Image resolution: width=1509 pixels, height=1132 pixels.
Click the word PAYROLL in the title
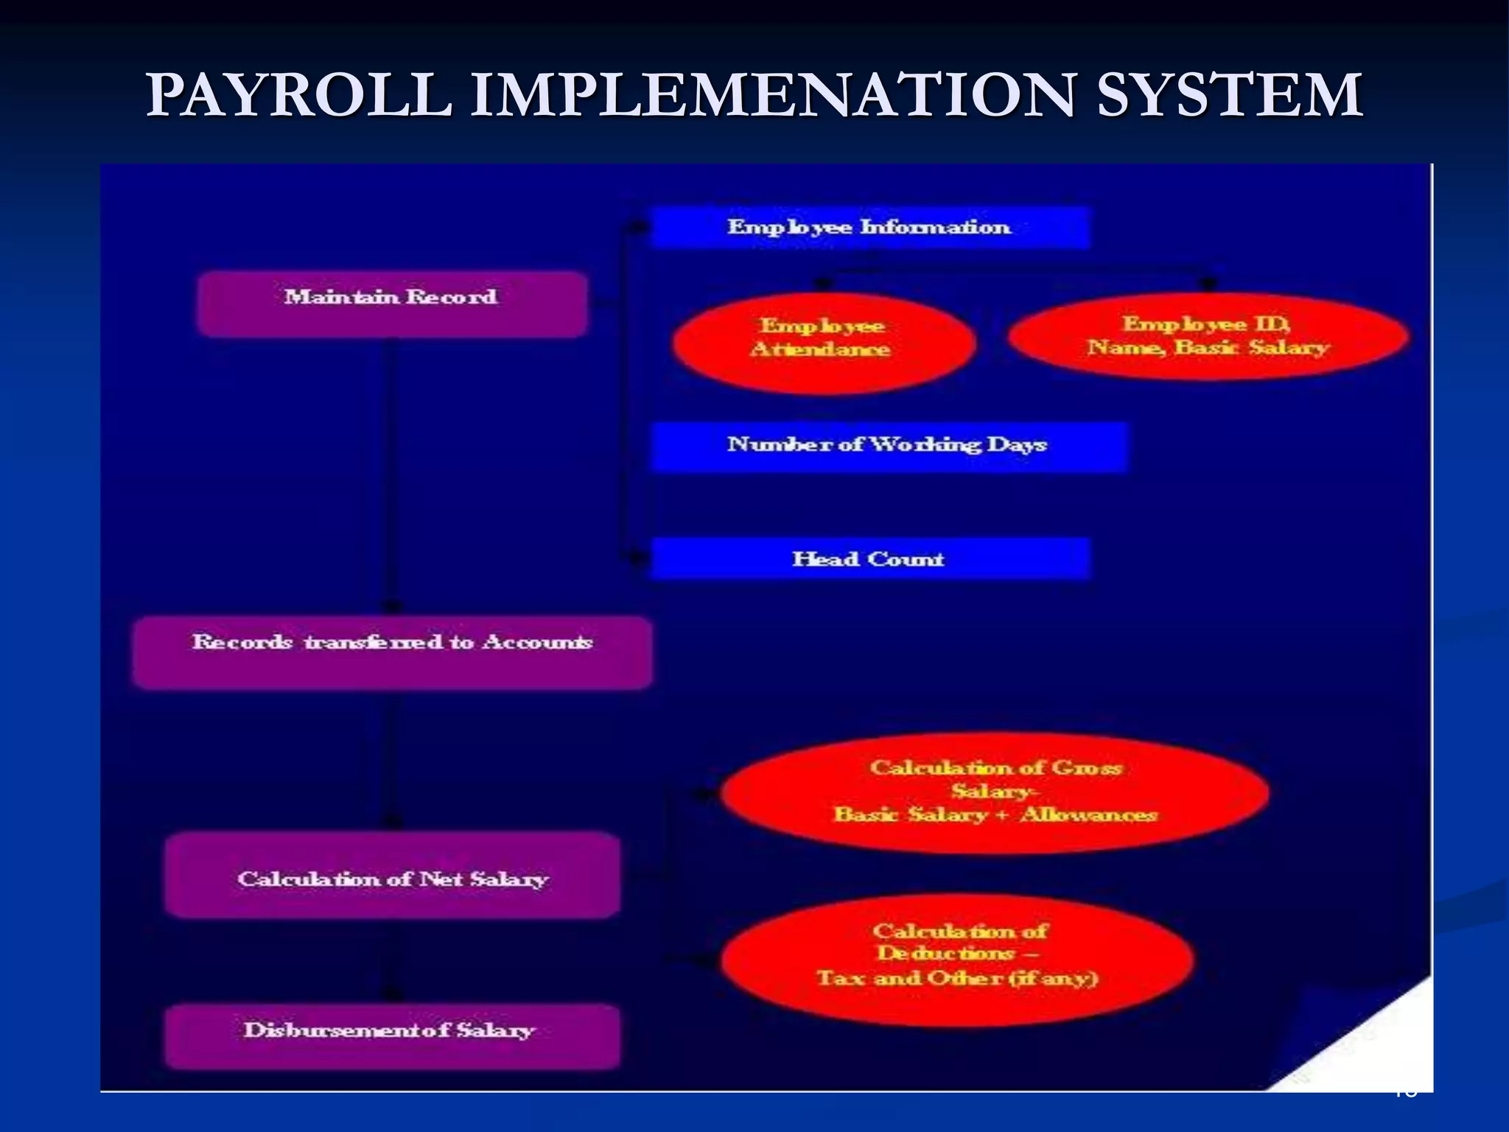tap(298, 96)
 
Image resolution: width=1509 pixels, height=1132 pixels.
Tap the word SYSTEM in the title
tap(1229, 96)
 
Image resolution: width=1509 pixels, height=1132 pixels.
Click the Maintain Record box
tap(391, 304)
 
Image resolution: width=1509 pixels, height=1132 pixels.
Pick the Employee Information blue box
tap(869, 227)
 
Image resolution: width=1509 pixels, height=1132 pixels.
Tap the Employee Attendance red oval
tap(823, 342)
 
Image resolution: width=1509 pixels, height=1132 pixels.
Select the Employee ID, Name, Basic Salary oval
tap(1208, 336)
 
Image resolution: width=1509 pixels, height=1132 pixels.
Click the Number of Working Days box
tap(888, 446)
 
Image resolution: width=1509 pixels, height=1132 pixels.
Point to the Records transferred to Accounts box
tap(391, 651)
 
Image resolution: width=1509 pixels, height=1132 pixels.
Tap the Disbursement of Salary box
tap(391, 1035)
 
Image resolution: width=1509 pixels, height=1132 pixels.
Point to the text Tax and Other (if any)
tap(958, 979)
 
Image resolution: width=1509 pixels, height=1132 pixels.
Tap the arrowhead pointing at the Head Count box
tap(635, 559)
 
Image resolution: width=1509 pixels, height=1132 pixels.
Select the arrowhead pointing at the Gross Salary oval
tap(704, 794)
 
